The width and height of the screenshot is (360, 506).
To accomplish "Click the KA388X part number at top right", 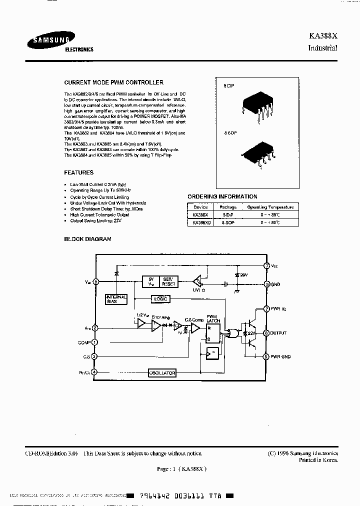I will pos(323,36).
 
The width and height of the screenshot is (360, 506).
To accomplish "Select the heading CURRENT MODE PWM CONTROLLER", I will pos(114,82).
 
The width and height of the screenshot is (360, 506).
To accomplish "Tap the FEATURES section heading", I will pos(79,172).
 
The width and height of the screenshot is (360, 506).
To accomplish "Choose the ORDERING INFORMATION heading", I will pos(222,196).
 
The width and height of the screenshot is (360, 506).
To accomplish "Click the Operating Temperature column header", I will pos(270,207).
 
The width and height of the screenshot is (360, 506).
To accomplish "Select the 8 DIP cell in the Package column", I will pos(228,214).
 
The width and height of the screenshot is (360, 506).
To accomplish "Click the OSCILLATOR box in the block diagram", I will pos(162,373).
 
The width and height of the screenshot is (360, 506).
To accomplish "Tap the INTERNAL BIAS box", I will pos(115,299).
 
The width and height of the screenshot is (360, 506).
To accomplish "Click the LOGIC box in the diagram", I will pos(161,298).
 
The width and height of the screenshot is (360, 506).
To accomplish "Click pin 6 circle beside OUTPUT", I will pos(267,332).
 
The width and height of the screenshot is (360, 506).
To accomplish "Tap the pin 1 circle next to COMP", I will pos(95,342).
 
